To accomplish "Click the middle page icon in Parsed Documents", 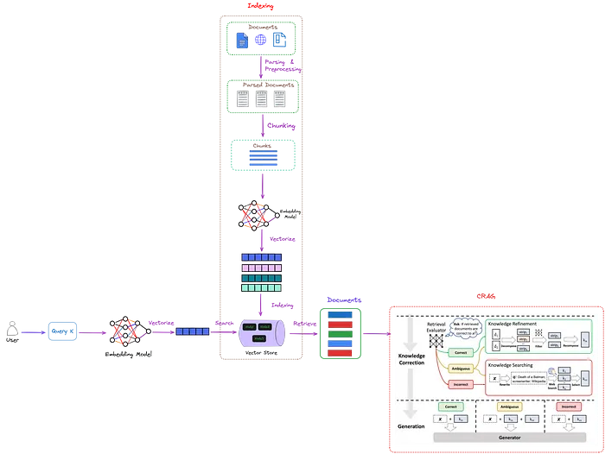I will tap(260, 99).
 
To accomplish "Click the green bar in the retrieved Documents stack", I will tap(338, 332).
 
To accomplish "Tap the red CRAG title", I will tap(487, 297).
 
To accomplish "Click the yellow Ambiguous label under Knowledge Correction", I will tap(460, 368).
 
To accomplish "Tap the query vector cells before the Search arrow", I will tap(193, 331).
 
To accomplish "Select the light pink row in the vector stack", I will tap(260, 268).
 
